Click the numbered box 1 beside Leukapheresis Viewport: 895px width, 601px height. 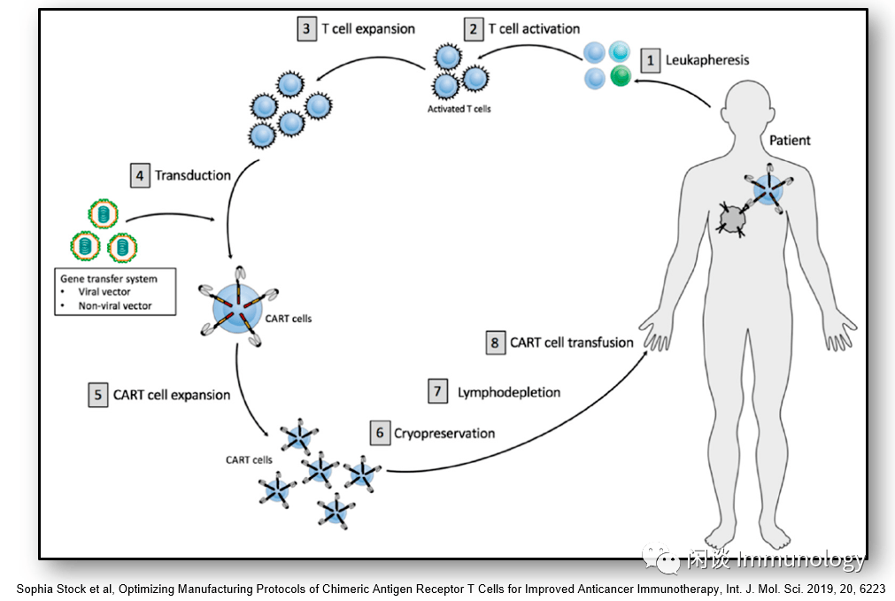point(651,60)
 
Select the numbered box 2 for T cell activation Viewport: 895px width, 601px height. point(474,29)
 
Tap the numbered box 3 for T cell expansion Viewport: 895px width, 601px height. point(306,28)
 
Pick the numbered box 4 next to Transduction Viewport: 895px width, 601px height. point(139,175)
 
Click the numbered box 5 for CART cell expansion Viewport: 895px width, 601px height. point(97,395)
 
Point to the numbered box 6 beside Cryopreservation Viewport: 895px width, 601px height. point(380,433)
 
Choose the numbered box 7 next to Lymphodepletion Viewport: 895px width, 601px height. point(436,391)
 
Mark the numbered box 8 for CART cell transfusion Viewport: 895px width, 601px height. point(496,343)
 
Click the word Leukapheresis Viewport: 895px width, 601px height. point(707,60)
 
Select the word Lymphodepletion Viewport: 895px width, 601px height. point(509,391)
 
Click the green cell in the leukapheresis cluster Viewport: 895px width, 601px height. point(620,77)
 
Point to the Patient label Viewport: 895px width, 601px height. point(790,140)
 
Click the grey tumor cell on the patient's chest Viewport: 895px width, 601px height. point(733,218)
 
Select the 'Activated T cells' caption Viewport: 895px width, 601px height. point(459,109)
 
